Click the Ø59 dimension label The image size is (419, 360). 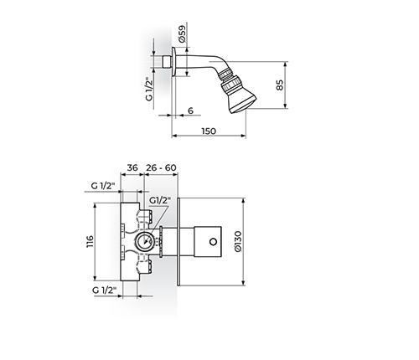(x=182, y=33)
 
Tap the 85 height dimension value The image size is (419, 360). (x=280, y=85)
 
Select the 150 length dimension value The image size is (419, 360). (x=209, y=131)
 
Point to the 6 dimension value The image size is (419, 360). (x=190, y=111)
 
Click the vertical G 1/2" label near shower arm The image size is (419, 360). (x=149, y=89)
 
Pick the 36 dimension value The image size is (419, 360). (x=132, y=167)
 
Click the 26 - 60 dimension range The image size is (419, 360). (x=161, y=167)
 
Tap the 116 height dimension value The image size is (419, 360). (x=90, y=242)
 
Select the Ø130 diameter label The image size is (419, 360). (x=238, y=241)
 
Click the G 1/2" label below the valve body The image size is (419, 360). (x=104, y=290)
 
